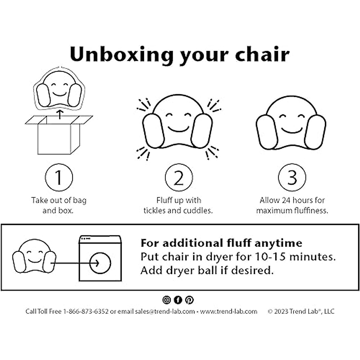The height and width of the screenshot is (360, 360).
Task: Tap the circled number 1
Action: point(59,177)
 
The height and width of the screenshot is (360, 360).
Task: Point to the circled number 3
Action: point(292,177)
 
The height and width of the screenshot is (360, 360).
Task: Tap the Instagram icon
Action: point(166,300)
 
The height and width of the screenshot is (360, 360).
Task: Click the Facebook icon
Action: point(178,300)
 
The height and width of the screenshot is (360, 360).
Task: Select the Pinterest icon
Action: point(189,300)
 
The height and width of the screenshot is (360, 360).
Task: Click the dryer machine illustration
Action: point(100,258)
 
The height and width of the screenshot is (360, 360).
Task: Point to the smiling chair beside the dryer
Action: point(34,256)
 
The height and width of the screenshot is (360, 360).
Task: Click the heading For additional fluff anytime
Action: point(221,243)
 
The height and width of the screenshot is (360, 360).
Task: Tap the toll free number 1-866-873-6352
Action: point(85,311)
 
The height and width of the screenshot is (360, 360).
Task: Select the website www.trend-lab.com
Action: point(229,311)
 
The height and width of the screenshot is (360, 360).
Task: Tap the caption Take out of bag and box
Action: point(58,205)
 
